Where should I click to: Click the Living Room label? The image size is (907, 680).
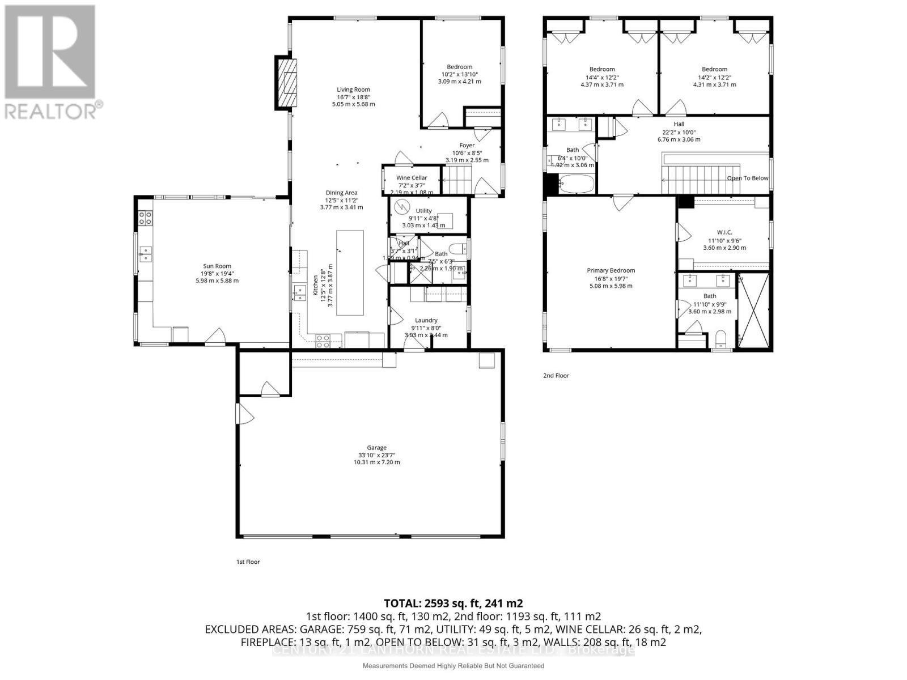353,90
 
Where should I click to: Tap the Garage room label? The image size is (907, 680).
376,448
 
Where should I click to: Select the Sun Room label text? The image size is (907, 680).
217,266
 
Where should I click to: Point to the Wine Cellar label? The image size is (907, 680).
412,178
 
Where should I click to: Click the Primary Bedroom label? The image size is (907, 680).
611,270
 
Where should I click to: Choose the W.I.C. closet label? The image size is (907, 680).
724,232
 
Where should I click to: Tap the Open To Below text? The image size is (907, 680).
748,178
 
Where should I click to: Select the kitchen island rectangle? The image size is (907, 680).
350,273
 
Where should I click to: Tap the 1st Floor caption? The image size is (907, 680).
248,562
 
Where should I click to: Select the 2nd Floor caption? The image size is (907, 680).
556,376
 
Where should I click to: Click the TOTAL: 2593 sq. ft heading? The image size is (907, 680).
453,603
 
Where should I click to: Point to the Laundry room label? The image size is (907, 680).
426,320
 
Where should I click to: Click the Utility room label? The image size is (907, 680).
423,211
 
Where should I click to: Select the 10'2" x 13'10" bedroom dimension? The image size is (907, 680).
459,74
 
